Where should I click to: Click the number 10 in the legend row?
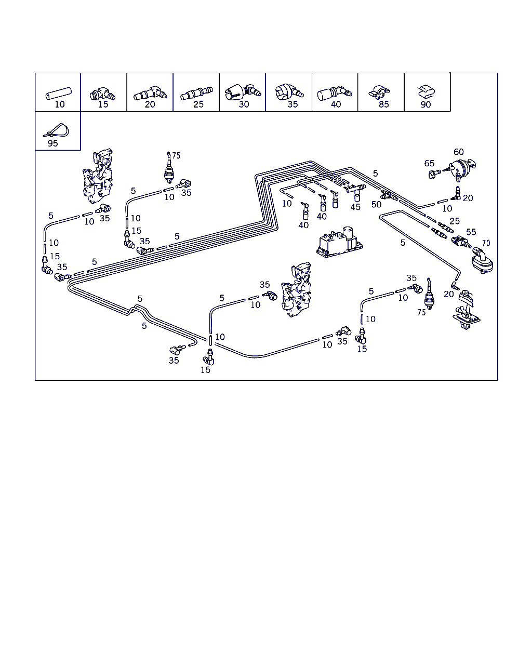coord(60,104)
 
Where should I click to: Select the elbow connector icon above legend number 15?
coord(103,95)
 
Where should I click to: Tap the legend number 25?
coord(198,104)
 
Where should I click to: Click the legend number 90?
coord(425,104)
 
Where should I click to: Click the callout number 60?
coord(459,152)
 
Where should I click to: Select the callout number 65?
coord(429,163)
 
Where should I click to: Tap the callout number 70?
coord(486,243)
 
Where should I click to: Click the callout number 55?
coord(471,232)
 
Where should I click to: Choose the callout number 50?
coord(376,204)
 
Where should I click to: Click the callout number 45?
coord(355,207)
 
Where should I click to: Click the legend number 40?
coord(336,104)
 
